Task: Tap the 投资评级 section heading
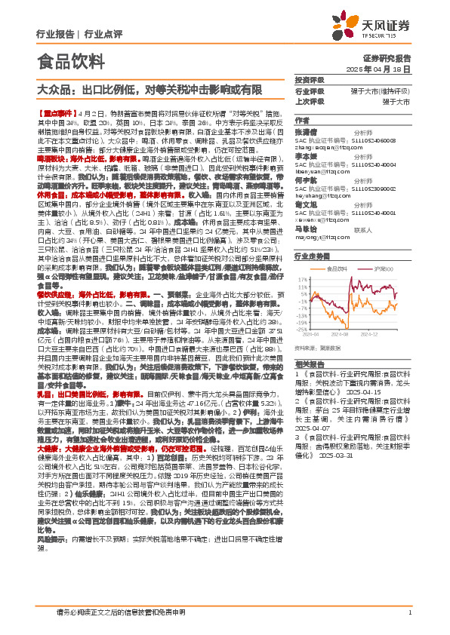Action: tap(310, 79)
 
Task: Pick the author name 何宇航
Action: tap(306, 182)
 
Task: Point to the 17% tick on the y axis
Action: tap(301, 277)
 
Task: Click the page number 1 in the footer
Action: tap(408, 612)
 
